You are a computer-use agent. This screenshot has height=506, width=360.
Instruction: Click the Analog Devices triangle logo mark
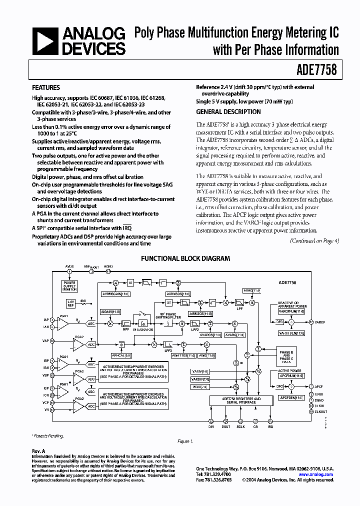[x=45, y=41]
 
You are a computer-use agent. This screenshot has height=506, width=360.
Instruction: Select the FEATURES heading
[x=46, y=87]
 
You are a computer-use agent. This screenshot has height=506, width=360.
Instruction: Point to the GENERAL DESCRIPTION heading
[x=228, y=112]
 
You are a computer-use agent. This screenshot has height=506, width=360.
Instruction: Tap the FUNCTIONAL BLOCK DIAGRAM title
[x=185, y=259]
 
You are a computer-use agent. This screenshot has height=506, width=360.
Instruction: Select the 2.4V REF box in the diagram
[x=71, y=303]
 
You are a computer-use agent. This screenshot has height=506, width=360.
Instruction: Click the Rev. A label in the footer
[x=38, y=451]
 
